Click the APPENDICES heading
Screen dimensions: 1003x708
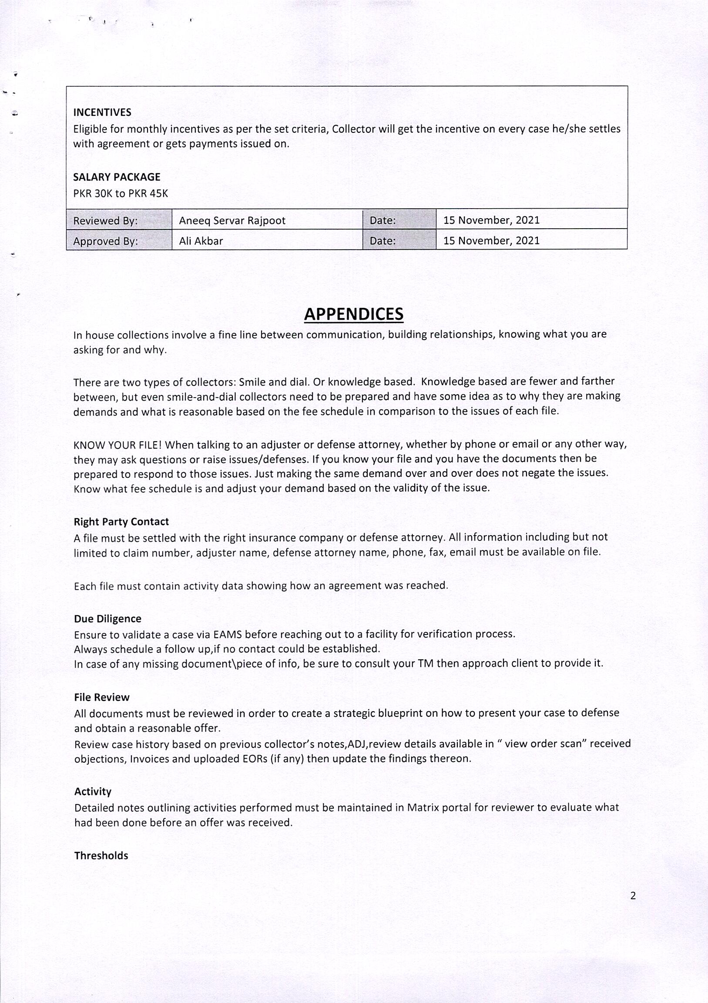[353, 314]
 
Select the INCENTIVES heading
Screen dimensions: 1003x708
[102, 112]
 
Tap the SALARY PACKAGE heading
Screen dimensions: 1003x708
[117, 177]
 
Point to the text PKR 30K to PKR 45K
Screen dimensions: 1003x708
[121, 193]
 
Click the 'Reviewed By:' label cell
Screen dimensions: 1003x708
[106, 221]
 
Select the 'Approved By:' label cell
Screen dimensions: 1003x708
[106, 241]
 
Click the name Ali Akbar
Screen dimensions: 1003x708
[201, 241]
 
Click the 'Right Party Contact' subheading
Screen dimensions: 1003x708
[121, 522]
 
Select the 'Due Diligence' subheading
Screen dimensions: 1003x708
[107, 618]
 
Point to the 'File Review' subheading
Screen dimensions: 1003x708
[102, 697]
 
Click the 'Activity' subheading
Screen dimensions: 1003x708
[93, 792]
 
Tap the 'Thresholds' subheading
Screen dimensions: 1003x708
[101, 855]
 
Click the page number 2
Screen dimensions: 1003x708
[633, 895]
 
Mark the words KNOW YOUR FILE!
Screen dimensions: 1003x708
[118, 445]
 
